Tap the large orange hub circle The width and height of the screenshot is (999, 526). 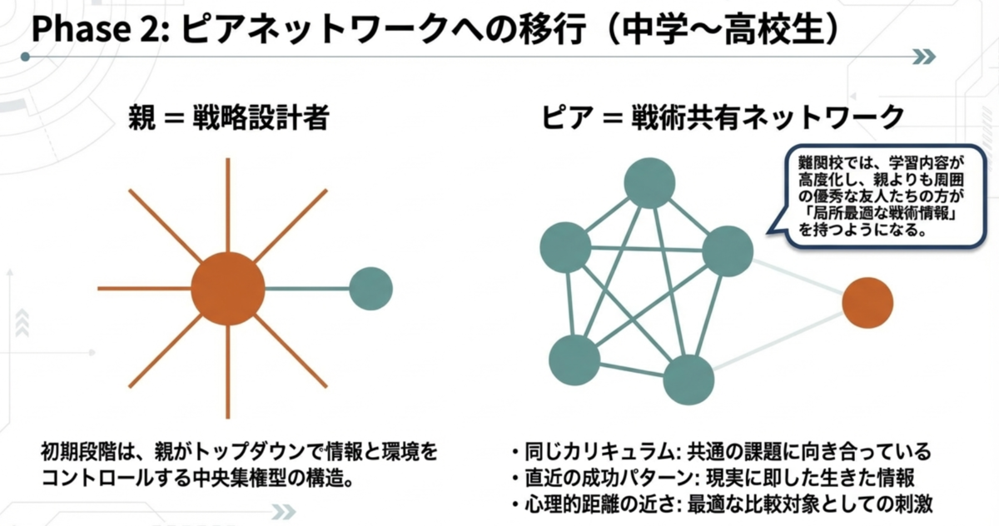pos(228,289)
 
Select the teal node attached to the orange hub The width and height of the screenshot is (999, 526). pos(370,289)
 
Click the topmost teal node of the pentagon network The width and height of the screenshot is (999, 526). pos(649,183)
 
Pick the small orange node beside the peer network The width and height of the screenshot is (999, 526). pos(867,303)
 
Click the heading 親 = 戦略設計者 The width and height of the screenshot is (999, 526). pos(229,117)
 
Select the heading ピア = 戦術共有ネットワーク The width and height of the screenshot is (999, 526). pos(723,117)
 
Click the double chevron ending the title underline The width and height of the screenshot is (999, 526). pos(924,57)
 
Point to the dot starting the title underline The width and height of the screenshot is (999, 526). pos(26,57)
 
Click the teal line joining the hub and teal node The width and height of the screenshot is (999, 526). pos(307,289)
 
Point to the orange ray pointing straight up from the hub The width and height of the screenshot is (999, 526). pos(228,205)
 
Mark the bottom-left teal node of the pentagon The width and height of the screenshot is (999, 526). pos(574,360)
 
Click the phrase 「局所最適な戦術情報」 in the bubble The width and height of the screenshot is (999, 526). pos(878,213)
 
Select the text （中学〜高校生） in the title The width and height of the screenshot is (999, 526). pos(723,29)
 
